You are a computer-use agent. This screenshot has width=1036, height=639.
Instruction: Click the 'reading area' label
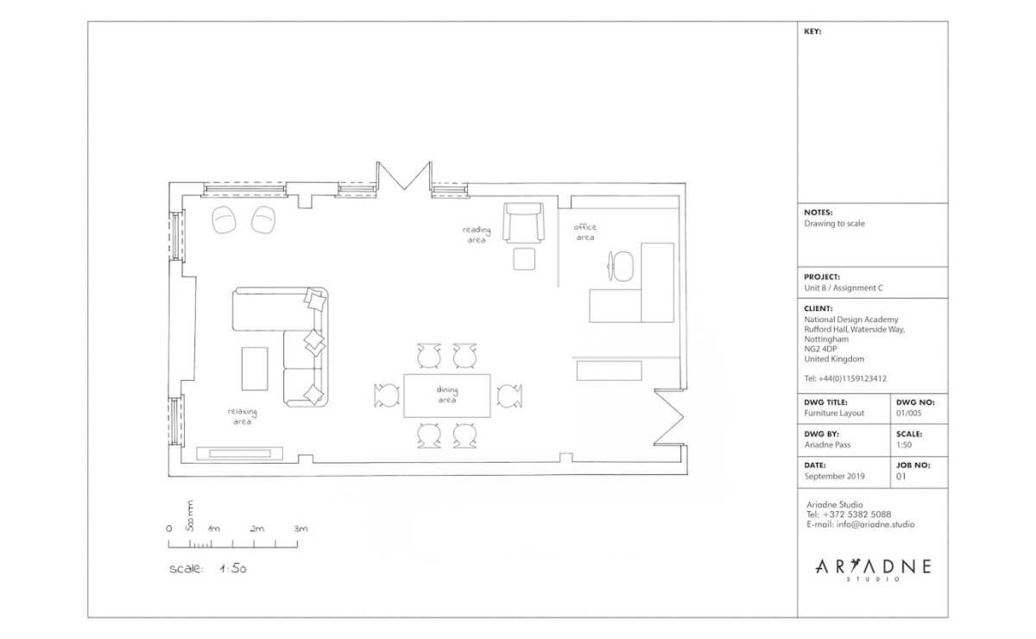pos(476,235)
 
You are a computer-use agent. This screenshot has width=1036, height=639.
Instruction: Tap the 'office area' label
pos(585,232)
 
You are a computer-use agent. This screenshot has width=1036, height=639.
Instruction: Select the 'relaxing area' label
pos(242,417)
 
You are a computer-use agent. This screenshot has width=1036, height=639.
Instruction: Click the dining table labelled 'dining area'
pos(446,395)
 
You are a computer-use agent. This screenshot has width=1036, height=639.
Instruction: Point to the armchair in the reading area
pos(523,223)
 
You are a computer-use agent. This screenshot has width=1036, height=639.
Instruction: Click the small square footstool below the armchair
pos(524,258)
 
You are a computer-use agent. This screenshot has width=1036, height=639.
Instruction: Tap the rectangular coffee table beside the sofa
pos(255,369)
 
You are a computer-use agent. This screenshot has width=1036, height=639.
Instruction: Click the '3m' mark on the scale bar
pos(300,528)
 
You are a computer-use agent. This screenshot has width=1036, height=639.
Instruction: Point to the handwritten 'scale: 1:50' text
pos(209,569)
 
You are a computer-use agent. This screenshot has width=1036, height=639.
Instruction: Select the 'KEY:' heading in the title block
pos(812,31)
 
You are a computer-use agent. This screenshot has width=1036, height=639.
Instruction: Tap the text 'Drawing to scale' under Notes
pos(834,224)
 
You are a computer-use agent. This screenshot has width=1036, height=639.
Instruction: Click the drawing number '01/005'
pos(909,414)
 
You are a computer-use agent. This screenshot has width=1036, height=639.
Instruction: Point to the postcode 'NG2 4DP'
pos(821,349)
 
